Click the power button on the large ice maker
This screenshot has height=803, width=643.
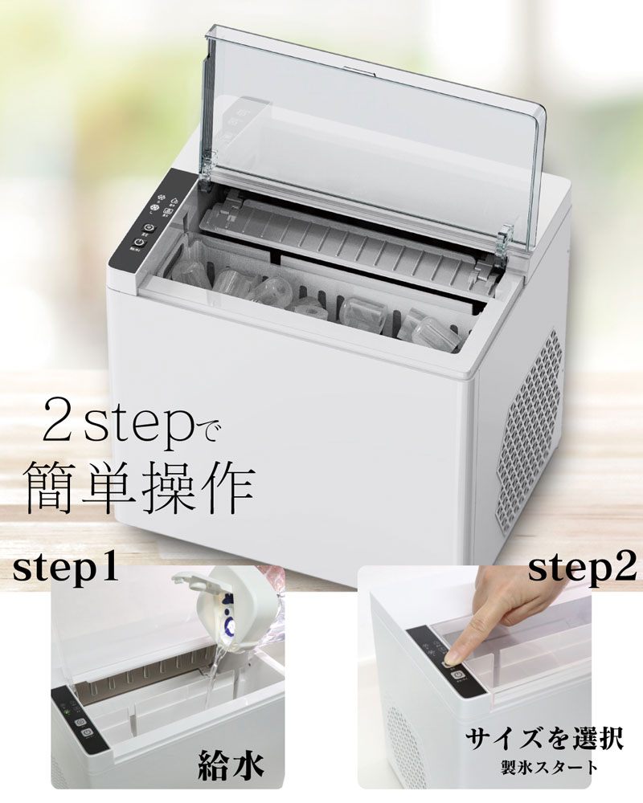137,241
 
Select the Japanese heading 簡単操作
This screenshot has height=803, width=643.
140,488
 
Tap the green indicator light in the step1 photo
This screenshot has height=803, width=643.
65,707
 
